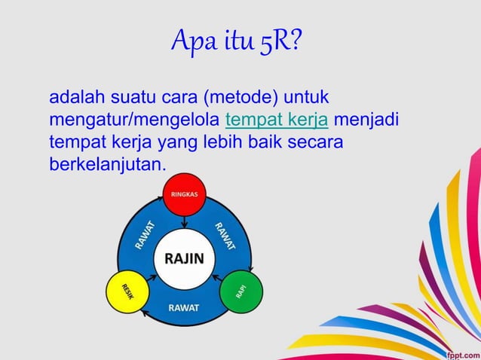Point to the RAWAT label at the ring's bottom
[183, 308]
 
